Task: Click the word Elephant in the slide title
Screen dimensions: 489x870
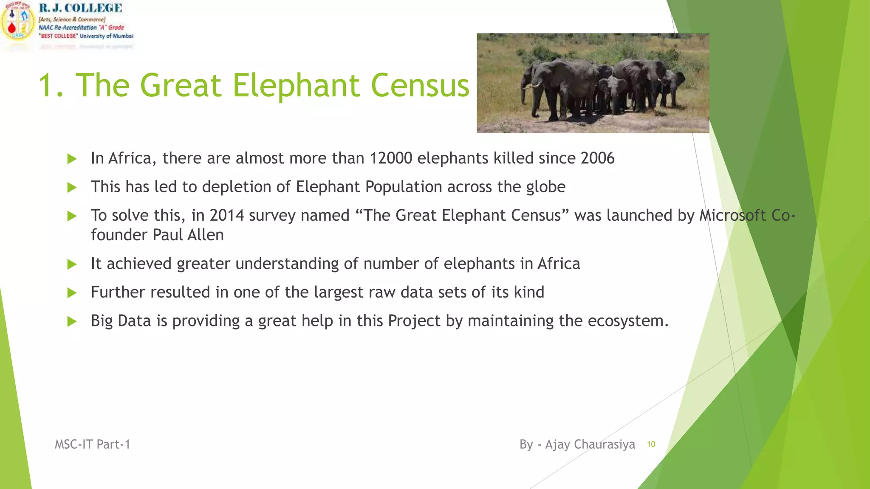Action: click(296, 85)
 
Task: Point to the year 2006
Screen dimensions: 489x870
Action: click(597, 158)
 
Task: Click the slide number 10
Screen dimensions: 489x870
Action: click(651, 444)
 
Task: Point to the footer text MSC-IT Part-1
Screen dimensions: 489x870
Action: click(92, 444)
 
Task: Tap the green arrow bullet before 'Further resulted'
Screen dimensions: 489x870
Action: click(72, 293)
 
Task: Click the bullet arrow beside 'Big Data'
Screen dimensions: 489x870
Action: click(72, 321)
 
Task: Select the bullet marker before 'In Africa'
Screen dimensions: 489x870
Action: click(72, 159)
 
